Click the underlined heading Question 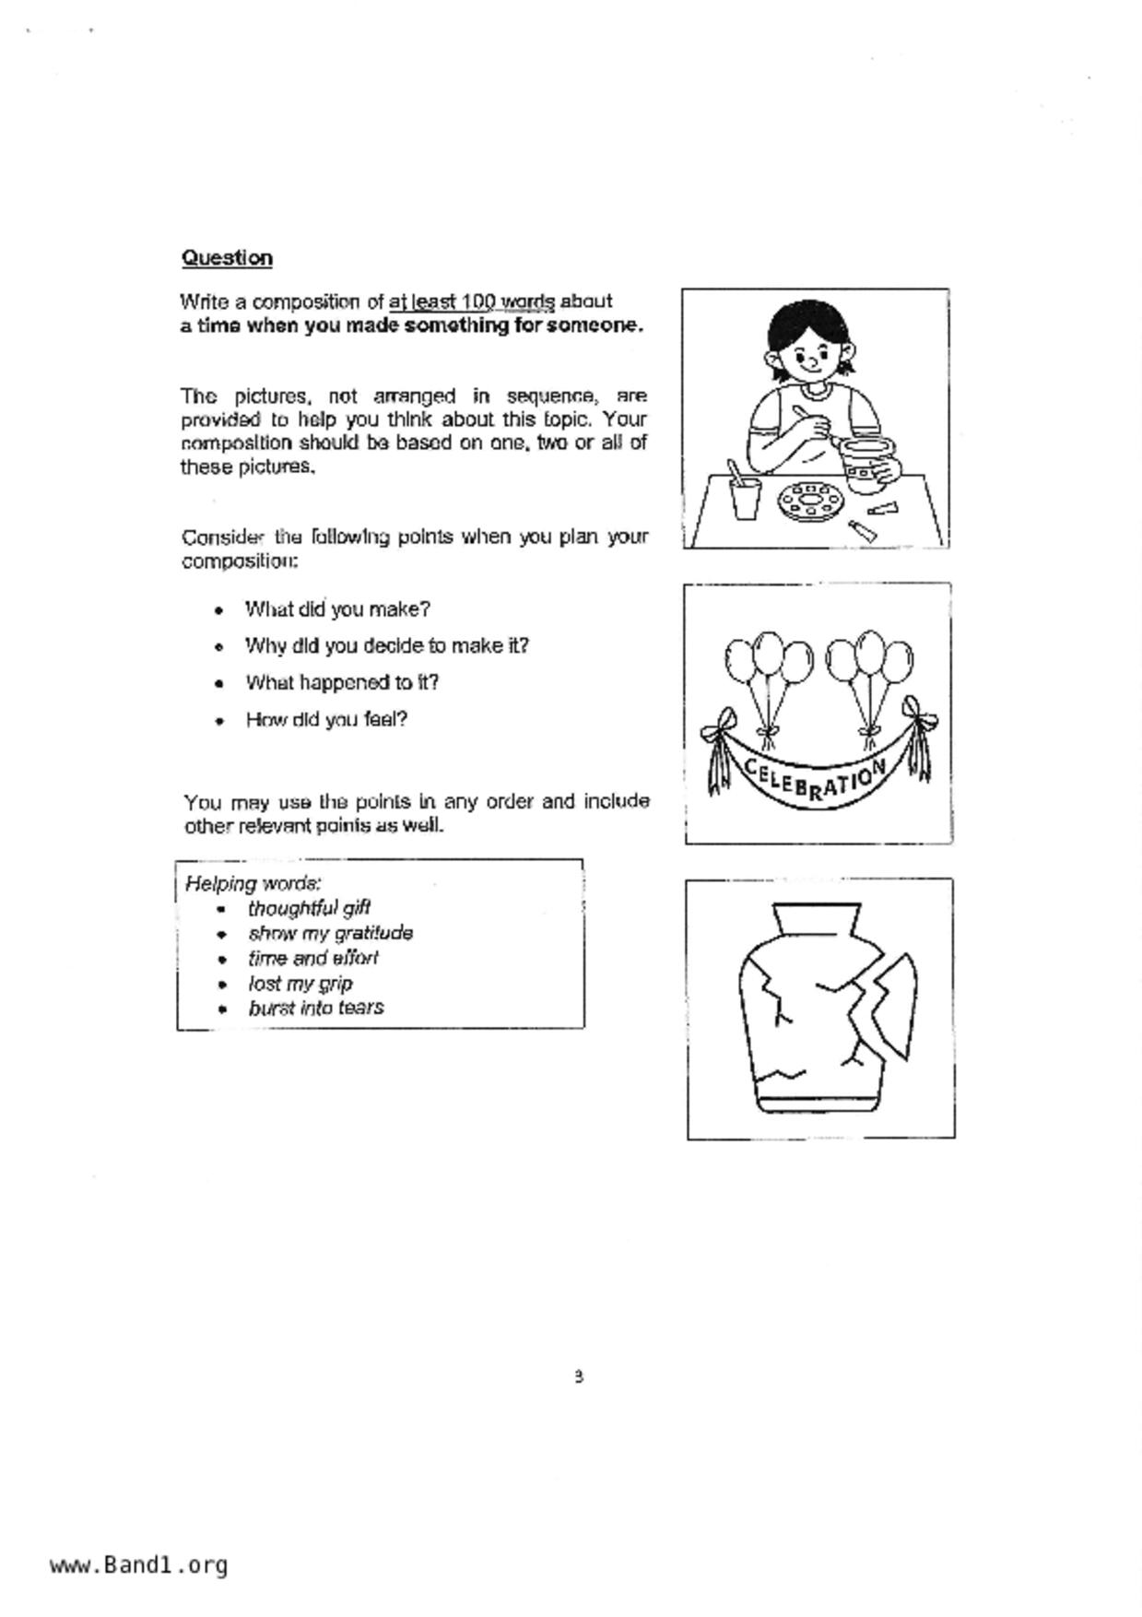coord(227,257)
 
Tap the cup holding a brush coord(745,496)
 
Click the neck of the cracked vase coord(817,919)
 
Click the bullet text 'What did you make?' coord(337,609)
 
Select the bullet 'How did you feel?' coord(326,720)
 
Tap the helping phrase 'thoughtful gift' coord(309,908)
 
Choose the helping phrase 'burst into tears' coord(315,1008)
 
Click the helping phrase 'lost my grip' coord(300,983)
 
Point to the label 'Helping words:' coord(253,883)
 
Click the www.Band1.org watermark coord(138,1564)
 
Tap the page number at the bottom coord(578,1376)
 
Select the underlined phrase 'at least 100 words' coord(472,301)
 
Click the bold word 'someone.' coord(595,325)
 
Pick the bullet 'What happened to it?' coord(341,683)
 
